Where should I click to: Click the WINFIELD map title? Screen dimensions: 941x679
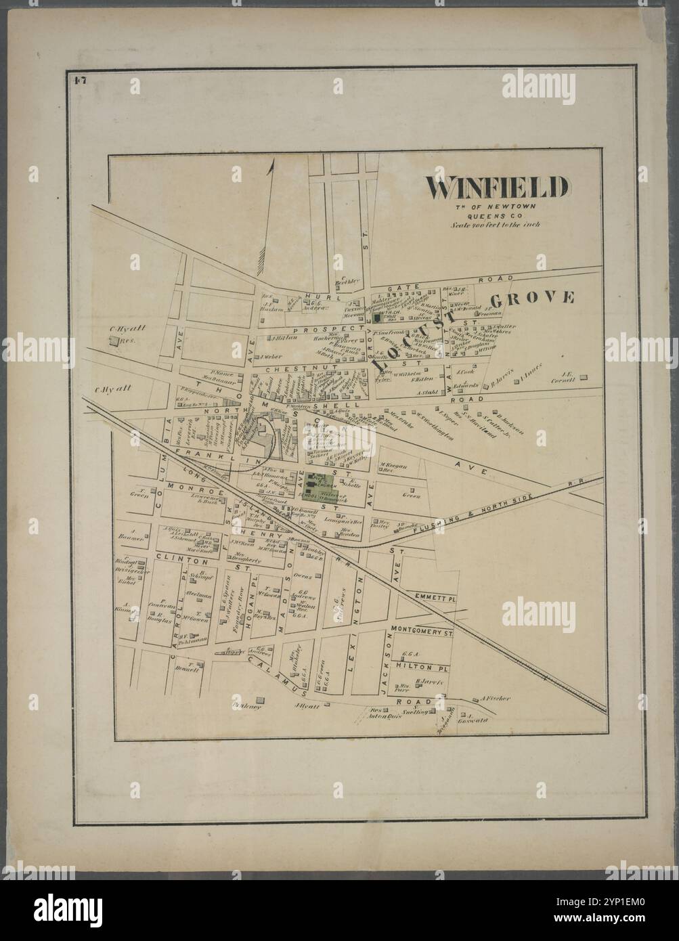click(x=496, y=188)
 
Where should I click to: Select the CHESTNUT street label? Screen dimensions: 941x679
click(x=287, y=369)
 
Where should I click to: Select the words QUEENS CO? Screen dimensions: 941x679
click(x=496, y=215)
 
